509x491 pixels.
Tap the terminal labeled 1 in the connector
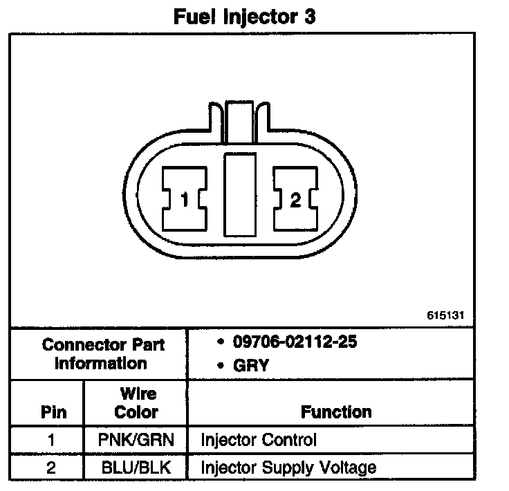(184, 201)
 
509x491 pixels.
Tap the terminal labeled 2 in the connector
(295, 201)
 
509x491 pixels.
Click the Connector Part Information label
(95, 353)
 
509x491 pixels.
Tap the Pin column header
(54, 412)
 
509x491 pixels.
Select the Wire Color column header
(137, 403)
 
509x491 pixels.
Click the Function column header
(336, 412)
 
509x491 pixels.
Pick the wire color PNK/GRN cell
(137, 439)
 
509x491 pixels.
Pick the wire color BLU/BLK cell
(137, 467)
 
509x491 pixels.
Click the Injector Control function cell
(258, 439)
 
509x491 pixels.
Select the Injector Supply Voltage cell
(288, 467)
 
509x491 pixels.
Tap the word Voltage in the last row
(350, 467)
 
